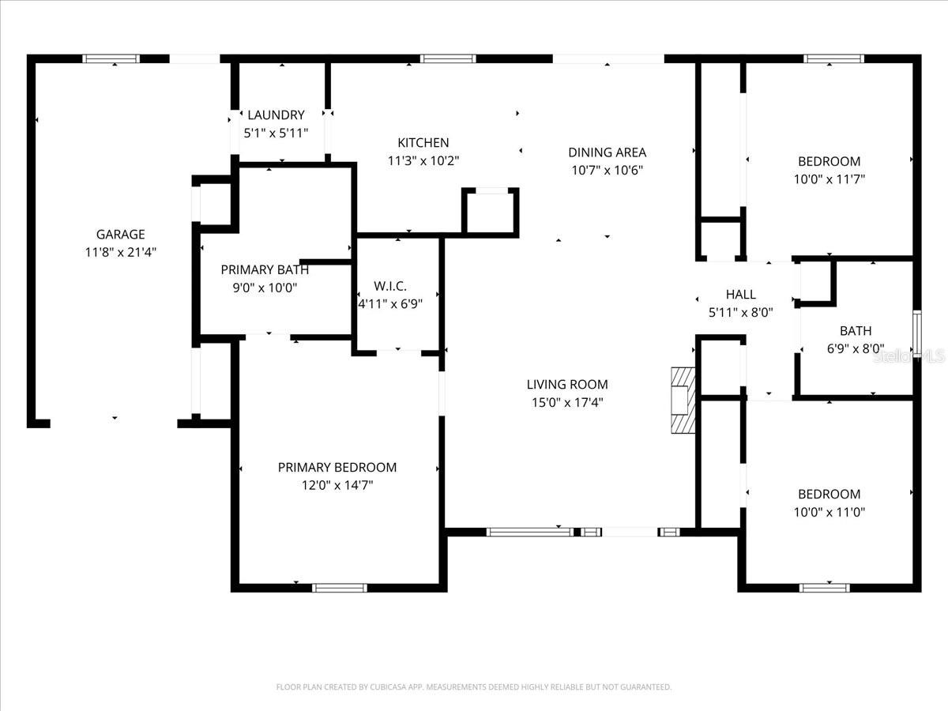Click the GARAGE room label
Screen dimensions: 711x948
pos(120,234)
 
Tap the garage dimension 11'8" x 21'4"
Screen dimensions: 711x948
pos(120,252)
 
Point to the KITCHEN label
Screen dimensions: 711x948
pos(423,143)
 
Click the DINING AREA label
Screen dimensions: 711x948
pos(607,152)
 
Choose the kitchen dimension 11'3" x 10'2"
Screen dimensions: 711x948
pos(423,161)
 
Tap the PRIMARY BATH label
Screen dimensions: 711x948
pos(265,270)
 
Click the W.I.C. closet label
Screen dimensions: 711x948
pos(396,285)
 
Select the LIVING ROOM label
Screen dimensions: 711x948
pos(567,385)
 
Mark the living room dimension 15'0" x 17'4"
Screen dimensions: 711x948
pos(567,403)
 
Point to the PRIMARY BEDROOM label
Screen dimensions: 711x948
pos(337,468)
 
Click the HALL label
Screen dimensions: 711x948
pos(740,294)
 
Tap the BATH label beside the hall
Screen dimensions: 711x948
pos(856,331)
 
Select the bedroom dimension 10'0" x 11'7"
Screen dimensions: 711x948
pos(829,179)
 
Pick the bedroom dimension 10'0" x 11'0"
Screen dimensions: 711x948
pos(829,512)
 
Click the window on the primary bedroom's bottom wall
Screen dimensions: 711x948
pos(340,588)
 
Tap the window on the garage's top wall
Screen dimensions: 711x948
pos(111,58)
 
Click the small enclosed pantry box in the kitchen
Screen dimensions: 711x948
pos(491,212)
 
